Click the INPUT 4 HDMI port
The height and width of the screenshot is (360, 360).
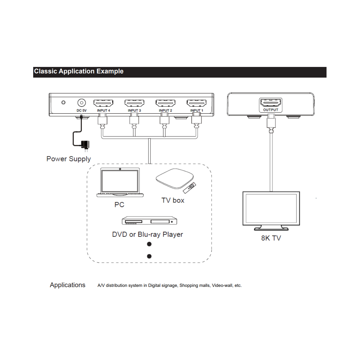[x=103, y=103]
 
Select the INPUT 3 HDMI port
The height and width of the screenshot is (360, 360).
[x=134, y=103]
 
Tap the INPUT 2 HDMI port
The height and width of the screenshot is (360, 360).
[x=165, y=103]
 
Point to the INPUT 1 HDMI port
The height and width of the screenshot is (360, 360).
[x=197, y=103]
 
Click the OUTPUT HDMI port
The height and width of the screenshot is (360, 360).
[x=271, y=103]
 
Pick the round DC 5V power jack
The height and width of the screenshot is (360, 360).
[x=82, y=103]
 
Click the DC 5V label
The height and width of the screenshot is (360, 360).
[x=82, y=111]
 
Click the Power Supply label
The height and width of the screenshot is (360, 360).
[x=69, y=159]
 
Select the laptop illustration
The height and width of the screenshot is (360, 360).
[x=120, y=182]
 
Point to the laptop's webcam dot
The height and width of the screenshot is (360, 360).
[x=120, y=169]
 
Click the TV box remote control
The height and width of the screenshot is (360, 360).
[x=190, y=188]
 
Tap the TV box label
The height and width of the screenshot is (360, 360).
[x=173, y=200]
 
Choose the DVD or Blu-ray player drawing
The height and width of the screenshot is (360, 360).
[x=149, y=220]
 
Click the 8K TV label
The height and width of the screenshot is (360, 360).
[x=271, y=238]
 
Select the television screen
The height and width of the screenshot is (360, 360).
[x=271, y=208]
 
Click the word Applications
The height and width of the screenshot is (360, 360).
[x=67, y=285]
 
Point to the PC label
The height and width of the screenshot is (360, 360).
[x=119, y=204]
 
